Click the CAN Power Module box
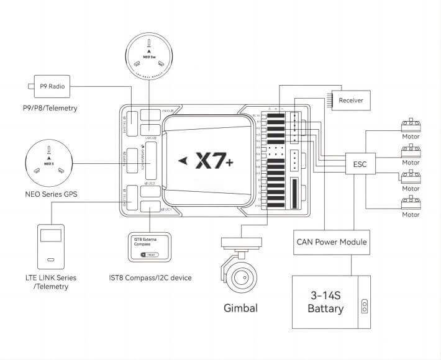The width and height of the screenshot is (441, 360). coord(332,241)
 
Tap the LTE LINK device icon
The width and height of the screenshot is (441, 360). coord(51,248)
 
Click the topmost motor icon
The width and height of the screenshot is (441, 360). coord(411,124)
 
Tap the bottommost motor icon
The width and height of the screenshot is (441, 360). coord(411,202)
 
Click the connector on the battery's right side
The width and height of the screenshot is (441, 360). coord(365,307)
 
